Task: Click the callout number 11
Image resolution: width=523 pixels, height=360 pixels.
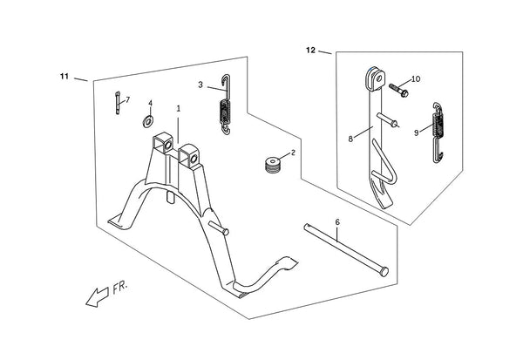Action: pos(65,77)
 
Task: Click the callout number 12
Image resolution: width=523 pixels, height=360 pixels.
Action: pos(310,51)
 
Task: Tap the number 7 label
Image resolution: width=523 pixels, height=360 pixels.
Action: pos(128,99)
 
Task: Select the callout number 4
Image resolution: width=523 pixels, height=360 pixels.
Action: pos(151,103)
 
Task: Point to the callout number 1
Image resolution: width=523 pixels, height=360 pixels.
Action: pos(179,109)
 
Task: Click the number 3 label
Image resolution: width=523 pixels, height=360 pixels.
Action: pos(200,85)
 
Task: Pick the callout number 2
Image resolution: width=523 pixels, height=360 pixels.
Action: pos(293,153)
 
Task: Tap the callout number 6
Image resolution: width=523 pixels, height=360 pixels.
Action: pos(337,222)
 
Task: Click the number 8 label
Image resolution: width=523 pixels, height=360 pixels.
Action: pos(350,139)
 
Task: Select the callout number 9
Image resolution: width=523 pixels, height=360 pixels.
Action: pos(417,132)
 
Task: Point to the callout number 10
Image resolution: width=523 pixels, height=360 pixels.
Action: pos(416,79)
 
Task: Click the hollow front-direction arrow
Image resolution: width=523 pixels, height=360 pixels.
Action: pos(98,297)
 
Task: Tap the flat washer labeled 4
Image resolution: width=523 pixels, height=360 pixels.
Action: pos(148,122)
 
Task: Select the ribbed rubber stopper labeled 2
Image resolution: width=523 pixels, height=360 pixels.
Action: pos(274,165)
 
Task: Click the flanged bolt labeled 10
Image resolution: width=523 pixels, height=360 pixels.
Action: pos(398,90)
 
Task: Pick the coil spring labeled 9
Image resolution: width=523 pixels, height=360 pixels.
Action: pos(438,132)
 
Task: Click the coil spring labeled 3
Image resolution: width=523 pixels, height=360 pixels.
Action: pos(226,105)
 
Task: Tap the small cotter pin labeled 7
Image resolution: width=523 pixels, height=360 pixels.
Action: pos(118,103)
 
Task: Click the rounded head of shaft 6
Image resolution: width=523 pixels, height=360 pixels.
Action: pos(384,272)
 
